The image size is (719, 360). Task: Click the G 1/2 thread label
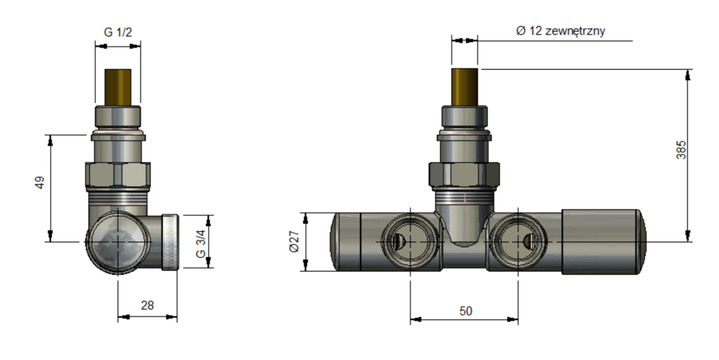(x=118, y=32)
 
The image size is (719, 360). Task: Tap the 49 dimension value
(x=40, y=183)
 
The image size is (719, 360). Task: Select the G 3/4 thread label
(x=201, y=244)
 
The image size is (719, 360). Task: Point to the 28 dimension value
(x=147, y=305)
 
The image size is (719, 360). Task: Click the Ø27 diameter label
(x=294, y=241)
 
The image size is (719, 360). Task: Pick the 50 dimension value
(x=466, y=311)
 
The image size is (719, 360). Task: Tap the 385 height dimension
(x=681, y=150)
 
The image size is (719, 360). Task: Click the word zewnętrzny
(x=575, y=31)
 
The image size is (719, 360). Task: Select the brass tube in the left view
(x=118, y=87)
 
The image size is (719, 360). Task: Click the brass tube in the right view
(x=464, y=87)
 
